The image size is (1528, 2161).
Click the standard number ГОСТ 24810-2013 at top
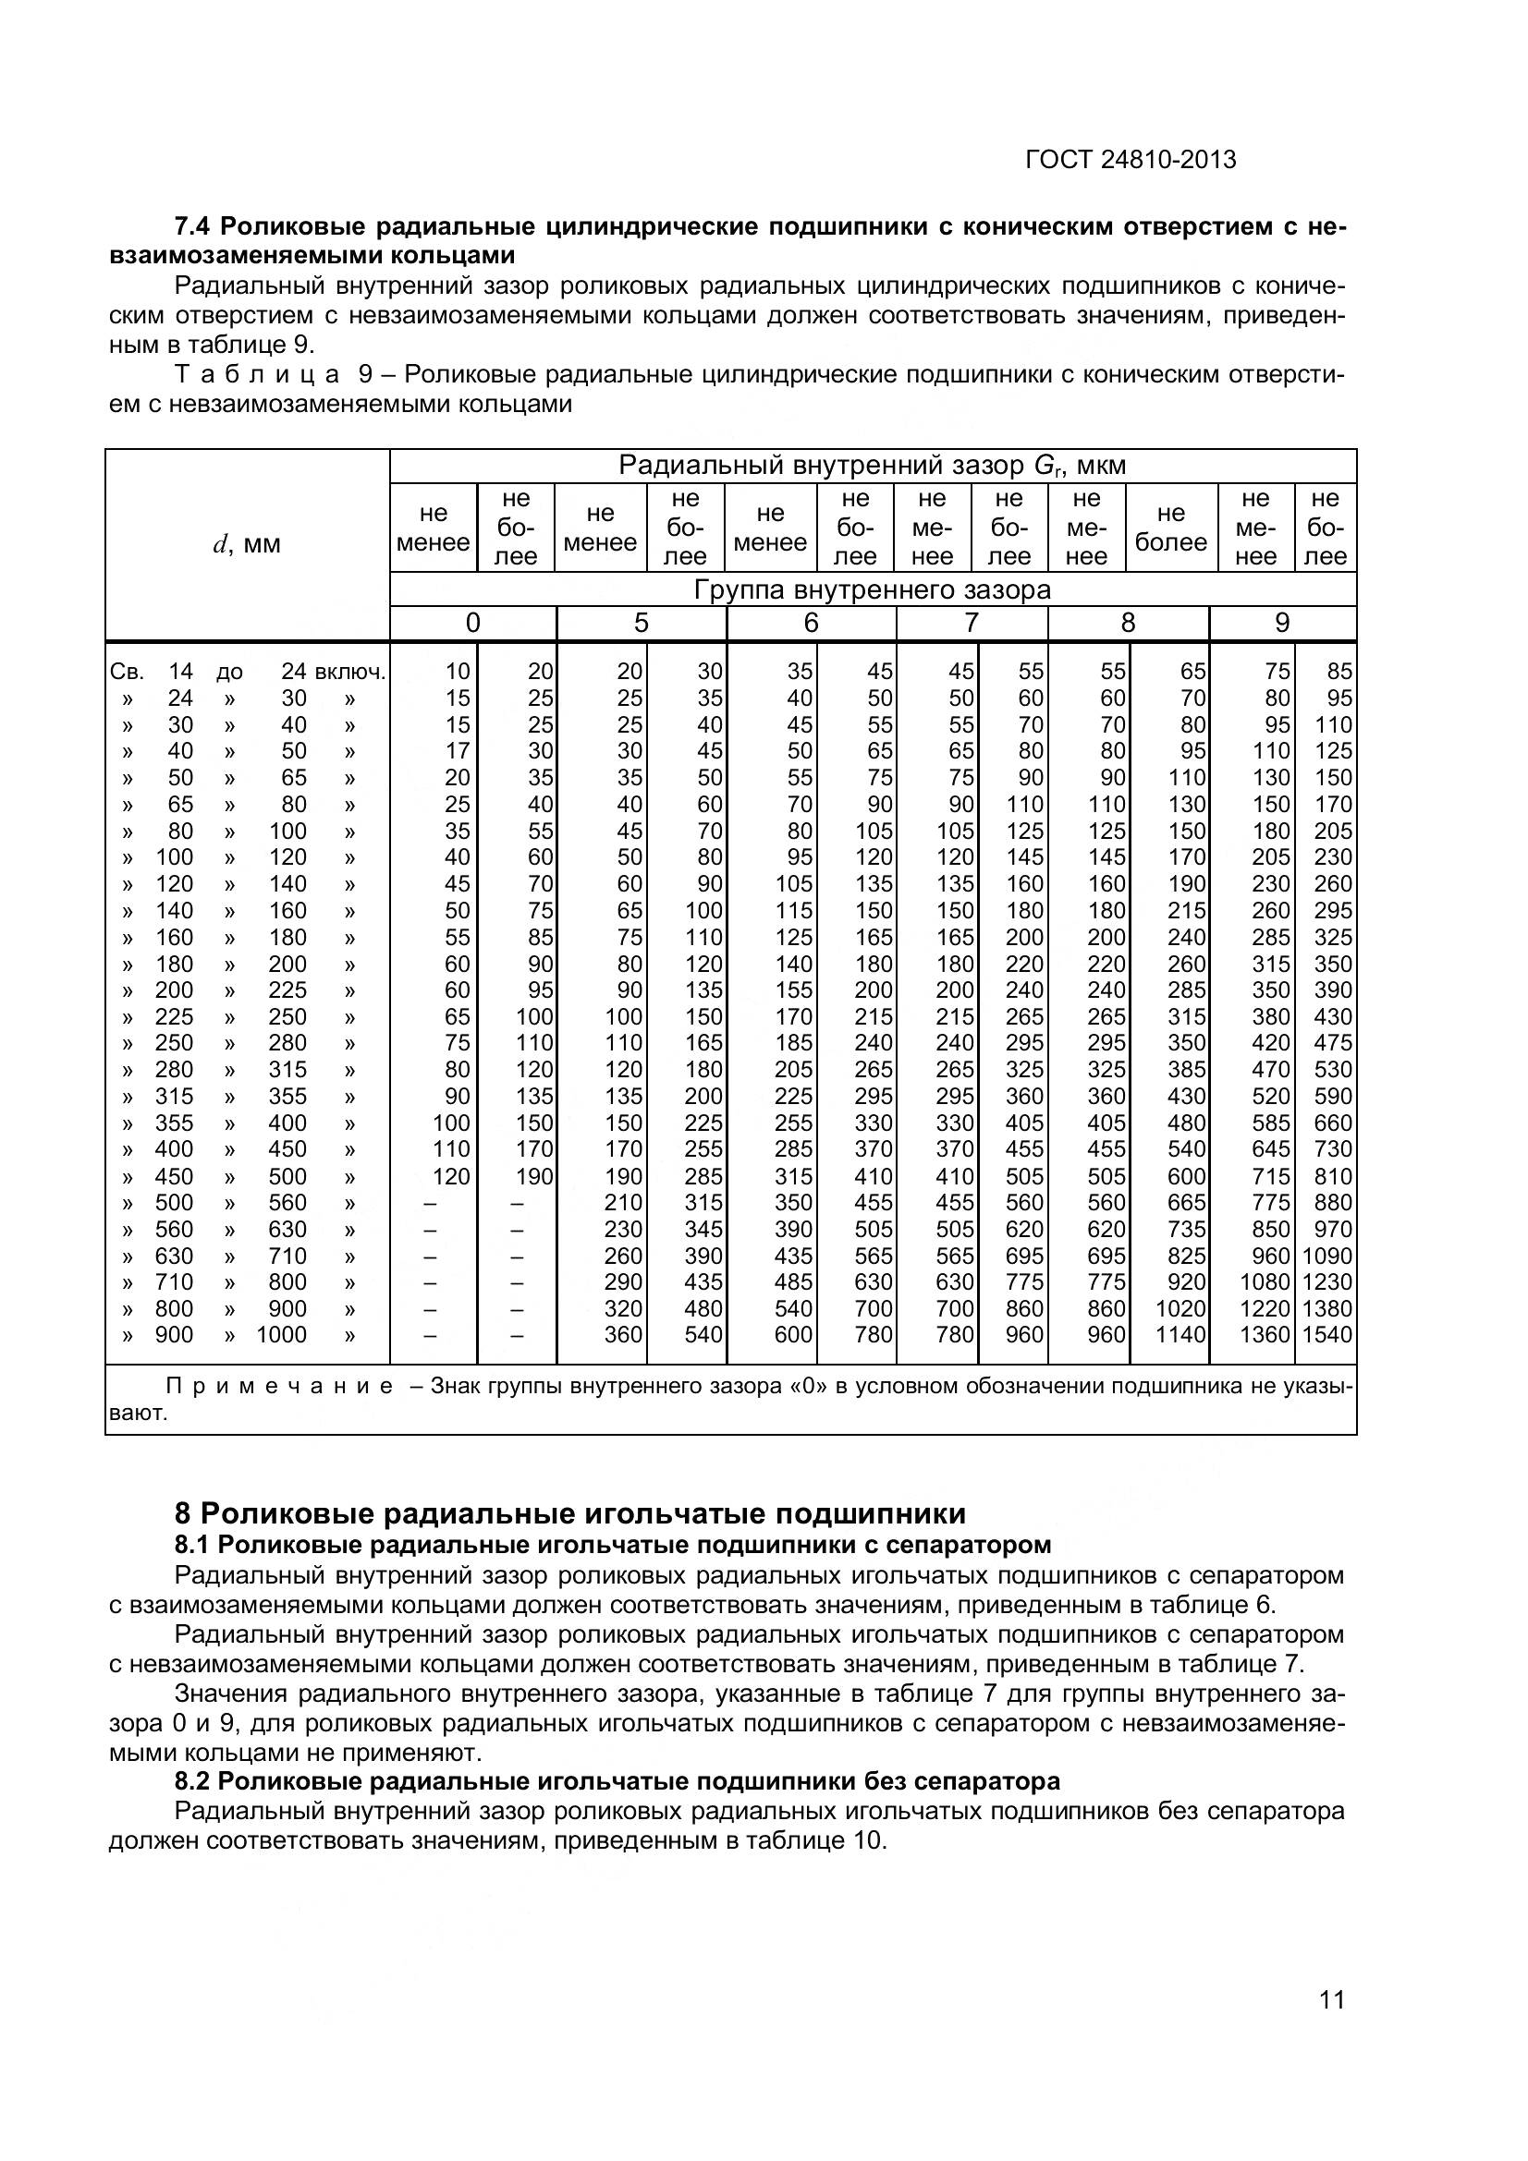coord(1130,160)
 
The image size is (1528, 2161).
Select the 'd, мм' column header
coord(247,545)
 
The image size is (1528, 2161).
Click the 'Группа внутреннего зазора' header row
coord(872,590)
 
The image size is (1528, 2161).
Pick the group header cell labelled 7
coord(971,623)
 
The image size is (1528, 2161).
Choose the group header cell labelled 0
coord(472,623)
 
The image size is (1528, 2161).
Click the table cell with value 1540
coord(1326,1335)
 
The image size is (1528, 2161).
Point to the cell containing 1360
coord(1264,1335)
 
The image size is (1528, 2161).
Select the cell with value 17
coord(457,751)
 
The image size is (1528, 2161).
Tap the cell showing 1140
coord(1180,1335)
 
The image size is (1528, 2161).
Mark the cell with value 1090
coord(1326,1256)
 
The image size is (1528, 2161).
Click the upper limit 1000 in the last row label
coord(282,1335)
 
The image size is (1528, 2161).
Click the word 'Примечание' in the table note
coord(279,1387)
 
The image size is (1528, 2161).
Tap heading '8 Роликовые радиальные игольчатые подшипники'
coord(569,1513)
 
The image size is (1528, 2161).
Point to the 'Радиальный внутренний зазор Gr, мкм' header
coord(872,466)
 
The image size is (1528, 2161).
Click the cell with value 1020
coord(1180,1308)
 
